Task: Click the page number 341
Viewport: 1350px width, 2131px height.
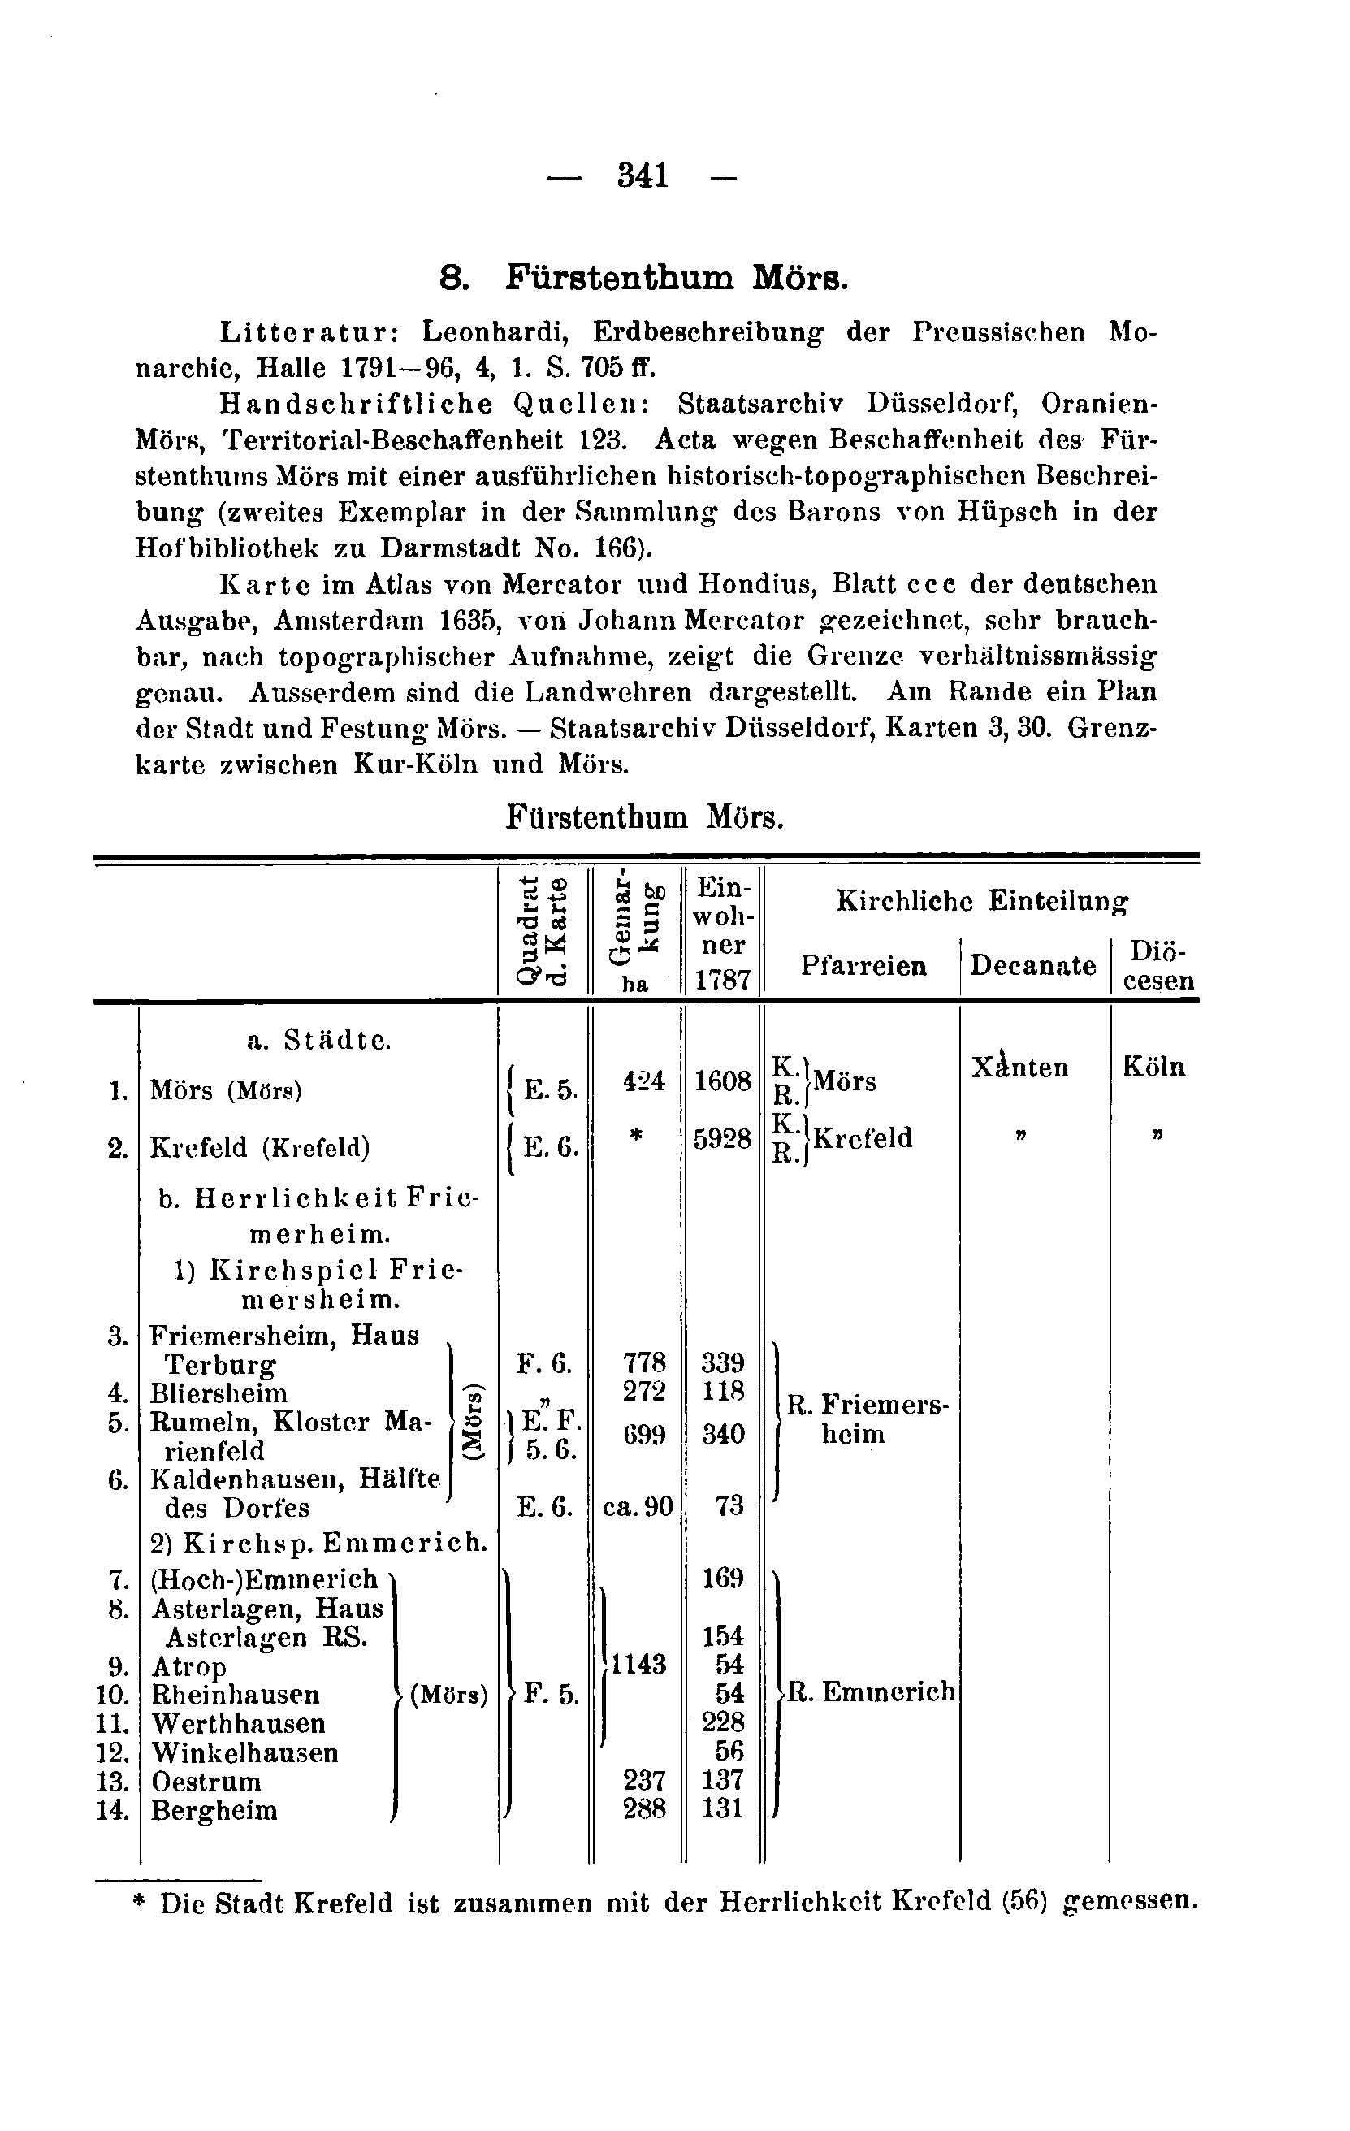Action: [x=643, y=176]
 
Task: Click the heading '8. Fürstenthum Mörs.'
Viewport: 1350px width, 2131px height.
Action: [x=645, y=279]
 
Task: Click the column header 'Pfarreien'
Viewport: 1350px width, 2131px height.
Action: [x=863, y=964]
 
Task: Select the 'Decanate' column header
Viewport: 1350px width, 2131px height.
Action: [x=1033, y=964]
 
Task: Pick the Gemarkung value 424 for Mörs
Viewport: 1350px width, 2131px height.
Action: [x=643, y=1081]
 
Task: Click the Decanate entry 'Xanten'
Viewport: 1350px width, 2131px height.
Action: [x=1020, y=1068]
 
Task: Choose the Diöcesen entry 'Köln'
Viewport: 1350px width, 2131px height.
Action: [x=1153, y=1067]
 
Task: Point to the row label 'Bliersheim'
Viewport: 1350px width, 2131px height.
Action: [x=219, y=1394]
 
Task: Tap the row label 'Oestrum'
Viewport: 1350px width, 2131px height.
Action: [x=206, y=1782]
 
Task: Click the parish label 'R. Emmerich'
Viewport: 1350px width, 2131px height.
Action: [x=871, y=1691]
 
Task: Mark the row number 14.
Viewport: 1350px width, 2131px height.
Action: [x=113, y=1811]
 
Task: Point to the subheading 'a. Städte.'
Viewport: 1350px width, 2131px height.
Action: [x=318, y=1041]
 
